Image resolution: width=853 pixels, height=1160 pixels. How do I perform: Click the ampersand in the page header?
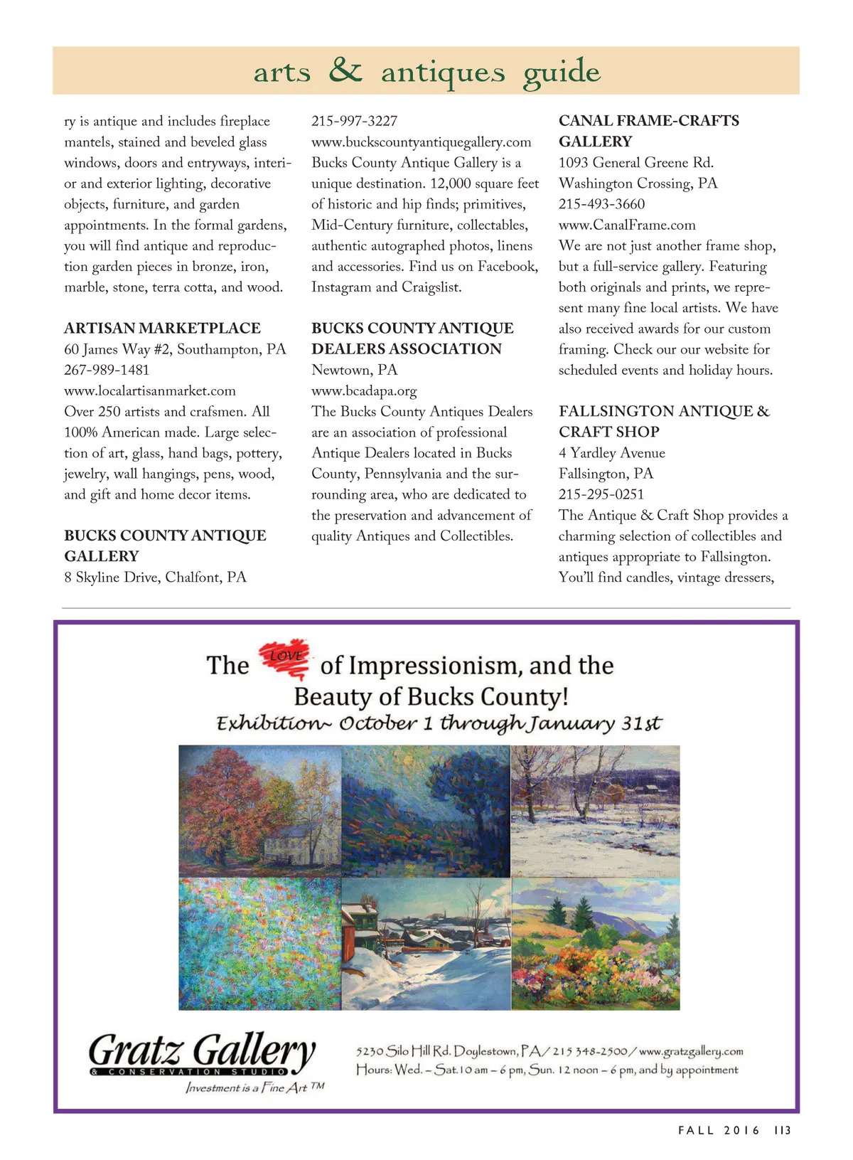click(x=345, y=70)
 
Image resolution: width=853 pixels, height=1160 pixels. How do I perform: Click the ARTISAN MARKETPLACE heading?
click(x=162, y=328)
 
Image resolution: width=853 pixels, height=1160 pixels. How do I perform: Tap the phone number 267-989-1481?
click(x=107, y=370)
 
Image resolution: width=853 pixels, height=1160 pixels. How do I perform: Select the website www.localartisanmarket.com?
click(x=150, y=390)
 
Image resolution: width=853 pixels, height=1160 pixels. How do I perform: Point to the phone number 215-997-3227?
click(x=354, y=121)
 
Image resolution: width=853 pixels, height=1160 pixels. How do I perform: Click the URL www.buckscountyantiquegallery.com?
click(x=421, y=142)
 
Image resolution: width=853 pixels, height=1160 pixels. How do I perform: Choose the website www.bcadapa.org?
click(x=364, y=390)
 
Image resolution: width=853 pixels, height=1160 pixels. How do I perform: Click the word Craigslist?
click(x=431, y=287)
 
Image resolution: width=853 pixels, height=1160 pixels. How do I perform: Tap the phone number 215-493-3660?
click(x=601, y=204)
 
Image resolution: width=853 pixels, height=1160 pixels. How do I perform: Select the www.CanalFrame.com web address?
click(x=627, y=225)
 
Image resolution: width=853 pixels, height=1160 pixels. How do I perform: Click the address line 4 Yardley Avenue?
click(x=612, y=453)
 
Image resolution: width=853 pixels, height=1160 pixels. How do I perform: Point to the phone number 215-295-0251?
click(x=601, y=494)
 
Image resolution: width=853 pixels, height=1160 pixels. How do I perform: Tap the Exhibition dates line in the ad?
click(x=439, y=723)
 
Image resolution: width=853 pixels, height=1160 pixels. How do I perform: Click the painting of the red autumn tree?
click(x=259, y=811)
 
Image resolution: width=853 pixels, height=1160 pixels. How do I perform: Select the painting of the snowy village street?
click(x=426, y=944)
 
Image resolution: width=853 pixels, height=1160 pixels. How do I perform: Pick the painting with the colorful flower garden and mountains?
click(x=595, y=944)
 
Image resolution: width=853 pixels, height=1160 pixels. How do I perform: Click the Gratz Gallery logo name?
click(x=202, y=1050)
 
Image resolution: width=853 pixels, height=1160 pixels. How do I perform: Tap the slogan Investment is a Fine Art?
click(x=254, y=1087)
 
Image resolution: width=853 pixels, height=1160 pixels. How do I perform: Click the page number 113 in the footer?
click(x=783, y=1130)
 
